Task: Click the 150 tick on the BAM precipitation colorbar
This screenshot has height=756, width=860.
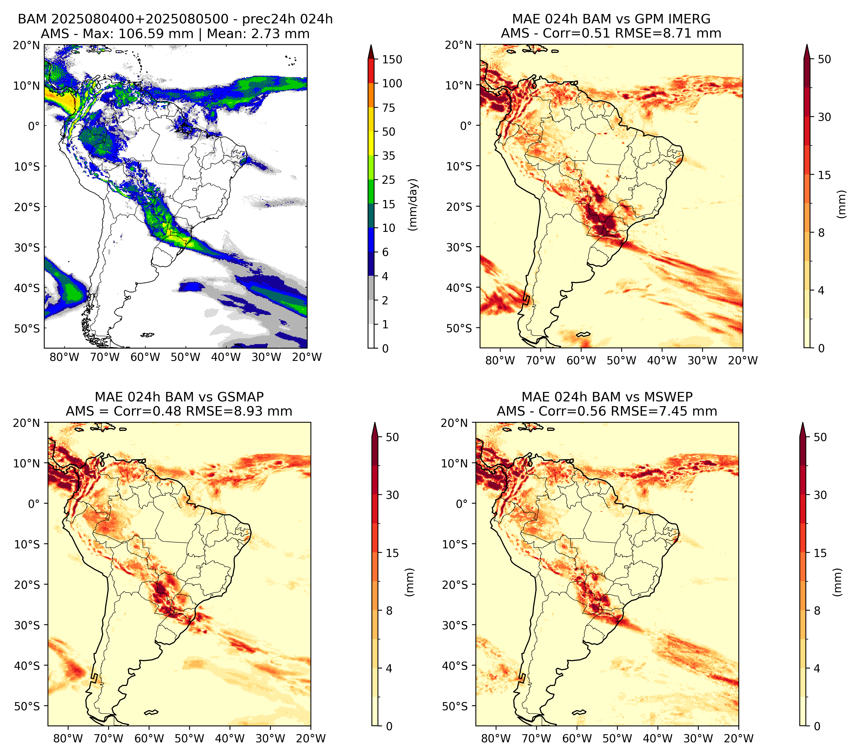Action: pos(392,59)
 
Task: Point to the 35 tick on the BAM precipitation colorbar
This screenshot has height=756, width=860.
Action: pos(388,156)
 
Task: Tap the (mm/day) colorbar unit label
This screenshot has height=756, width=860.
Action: pos(413,205)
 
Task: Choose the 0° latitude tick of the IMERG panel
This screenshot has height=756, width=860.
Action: pos(466,125)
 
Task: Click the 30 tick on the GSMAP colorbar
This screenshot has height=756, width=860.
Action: pos(392,495)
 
